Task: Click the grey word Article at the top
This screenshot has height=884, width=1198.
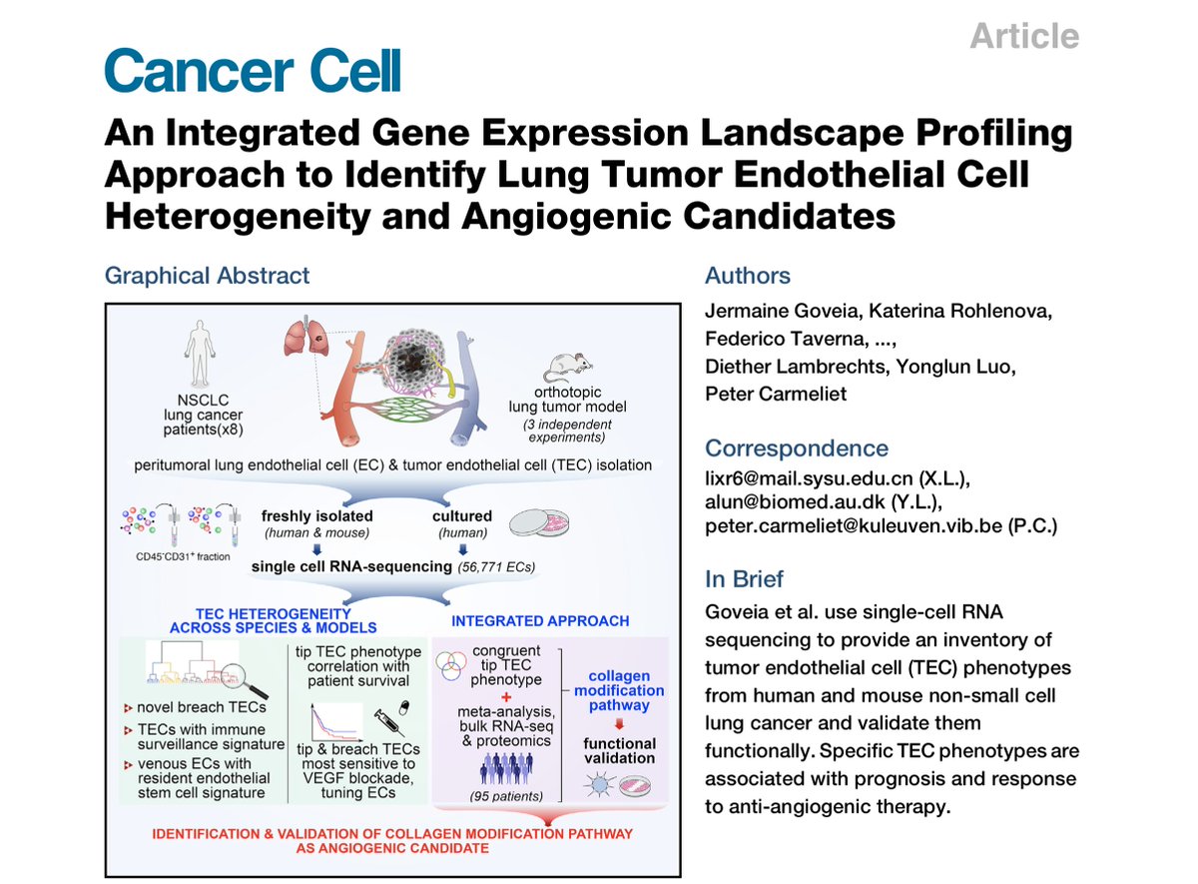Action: point(1024,37)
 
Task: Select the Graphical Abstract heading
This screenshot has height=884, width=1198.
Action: point(207,276)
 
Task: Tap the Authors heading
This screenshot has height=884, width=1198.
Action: point(748,276)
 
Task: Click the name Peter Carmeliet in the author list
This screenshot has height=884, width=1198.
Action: point(776,394)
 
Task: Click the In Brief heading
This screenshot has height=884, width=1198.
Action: point(744,578)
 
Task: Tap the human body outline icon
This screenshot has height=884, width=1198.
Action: point(200,351)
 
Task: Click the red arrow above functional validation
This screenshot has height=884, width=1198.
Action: point(619,723)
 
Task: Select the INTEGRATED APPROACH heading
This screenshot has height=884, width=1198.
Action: point(540,620)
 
